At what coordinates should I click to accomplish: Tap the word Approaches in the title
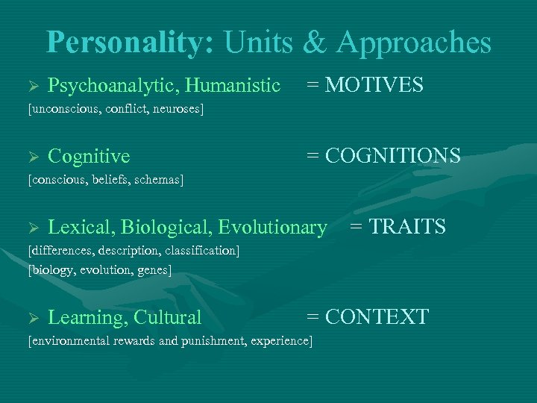[414, 43]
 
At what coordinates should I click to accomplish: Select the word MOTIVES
[375, 85]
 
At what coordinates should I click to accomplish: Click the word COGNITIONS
[393, 155]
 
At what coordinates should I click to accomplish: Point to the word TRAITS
[408, 225]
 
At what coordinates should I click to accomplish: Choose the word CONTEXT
[377, 316]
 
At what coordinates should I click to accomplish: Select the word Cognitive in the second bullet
[89, 156]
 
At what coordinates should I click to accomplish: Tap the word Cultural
[169, 318]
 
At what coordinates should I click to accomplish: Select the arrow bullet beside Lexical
[32, 227]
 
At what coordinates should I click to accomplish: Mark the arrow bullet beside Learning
[32, 318]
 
